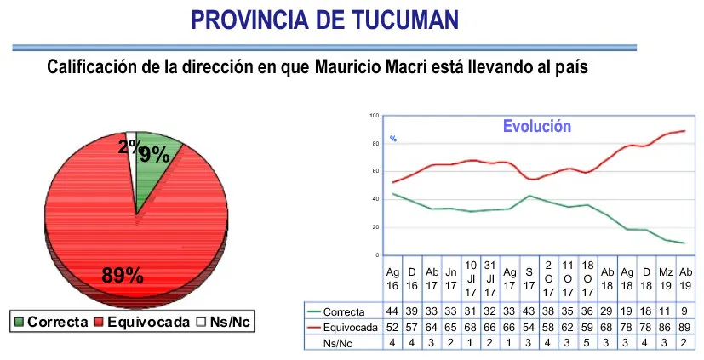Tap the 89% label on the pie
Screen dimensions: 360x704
point(123,275)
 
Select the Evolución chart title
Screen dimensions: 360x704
point(536,126)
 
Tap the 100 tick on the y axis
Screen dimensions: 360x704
point(375,115)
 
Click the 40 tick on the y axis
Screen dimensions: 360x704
point(375,199)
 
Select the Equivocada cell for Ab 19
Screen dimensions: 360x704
point(686,326)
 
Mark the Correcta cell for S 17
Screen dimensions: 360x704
point(529,312)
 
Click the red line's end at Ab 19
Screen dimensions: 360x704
point(685,131)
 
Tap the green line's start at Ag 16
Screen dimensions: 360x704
point(392,194)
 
